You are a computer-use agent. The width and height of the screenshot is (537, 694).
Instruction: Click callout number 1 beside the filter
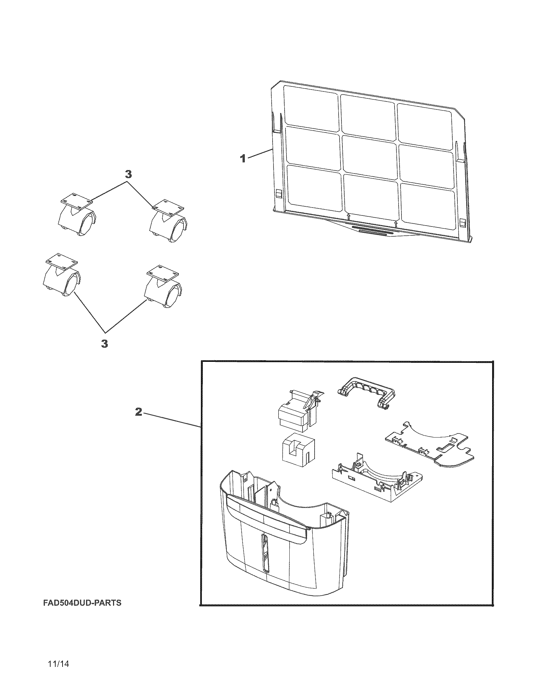click(243, 158)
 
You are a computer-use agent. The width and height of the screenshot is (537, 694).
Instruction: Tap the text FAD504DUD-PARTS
click(82, 603)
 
